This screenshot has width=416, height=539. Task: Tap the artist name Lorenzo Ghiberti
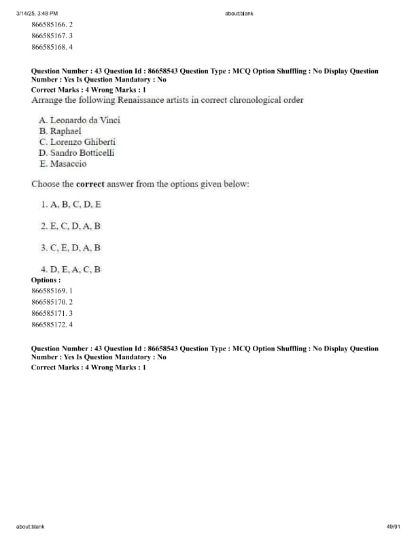pos(83,142)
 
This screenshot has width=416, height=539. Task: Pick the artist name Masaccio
pos(68,163)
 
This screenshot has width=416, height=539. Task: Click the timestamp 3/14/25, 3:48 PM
pos(37,13)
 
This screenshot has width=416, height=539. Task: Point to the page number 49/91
pos(393,527)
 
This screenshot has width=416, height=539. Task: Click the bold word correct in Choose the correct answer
pos(89,184)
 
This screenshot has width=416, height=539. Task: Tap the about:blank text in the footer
pos(31,527)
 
